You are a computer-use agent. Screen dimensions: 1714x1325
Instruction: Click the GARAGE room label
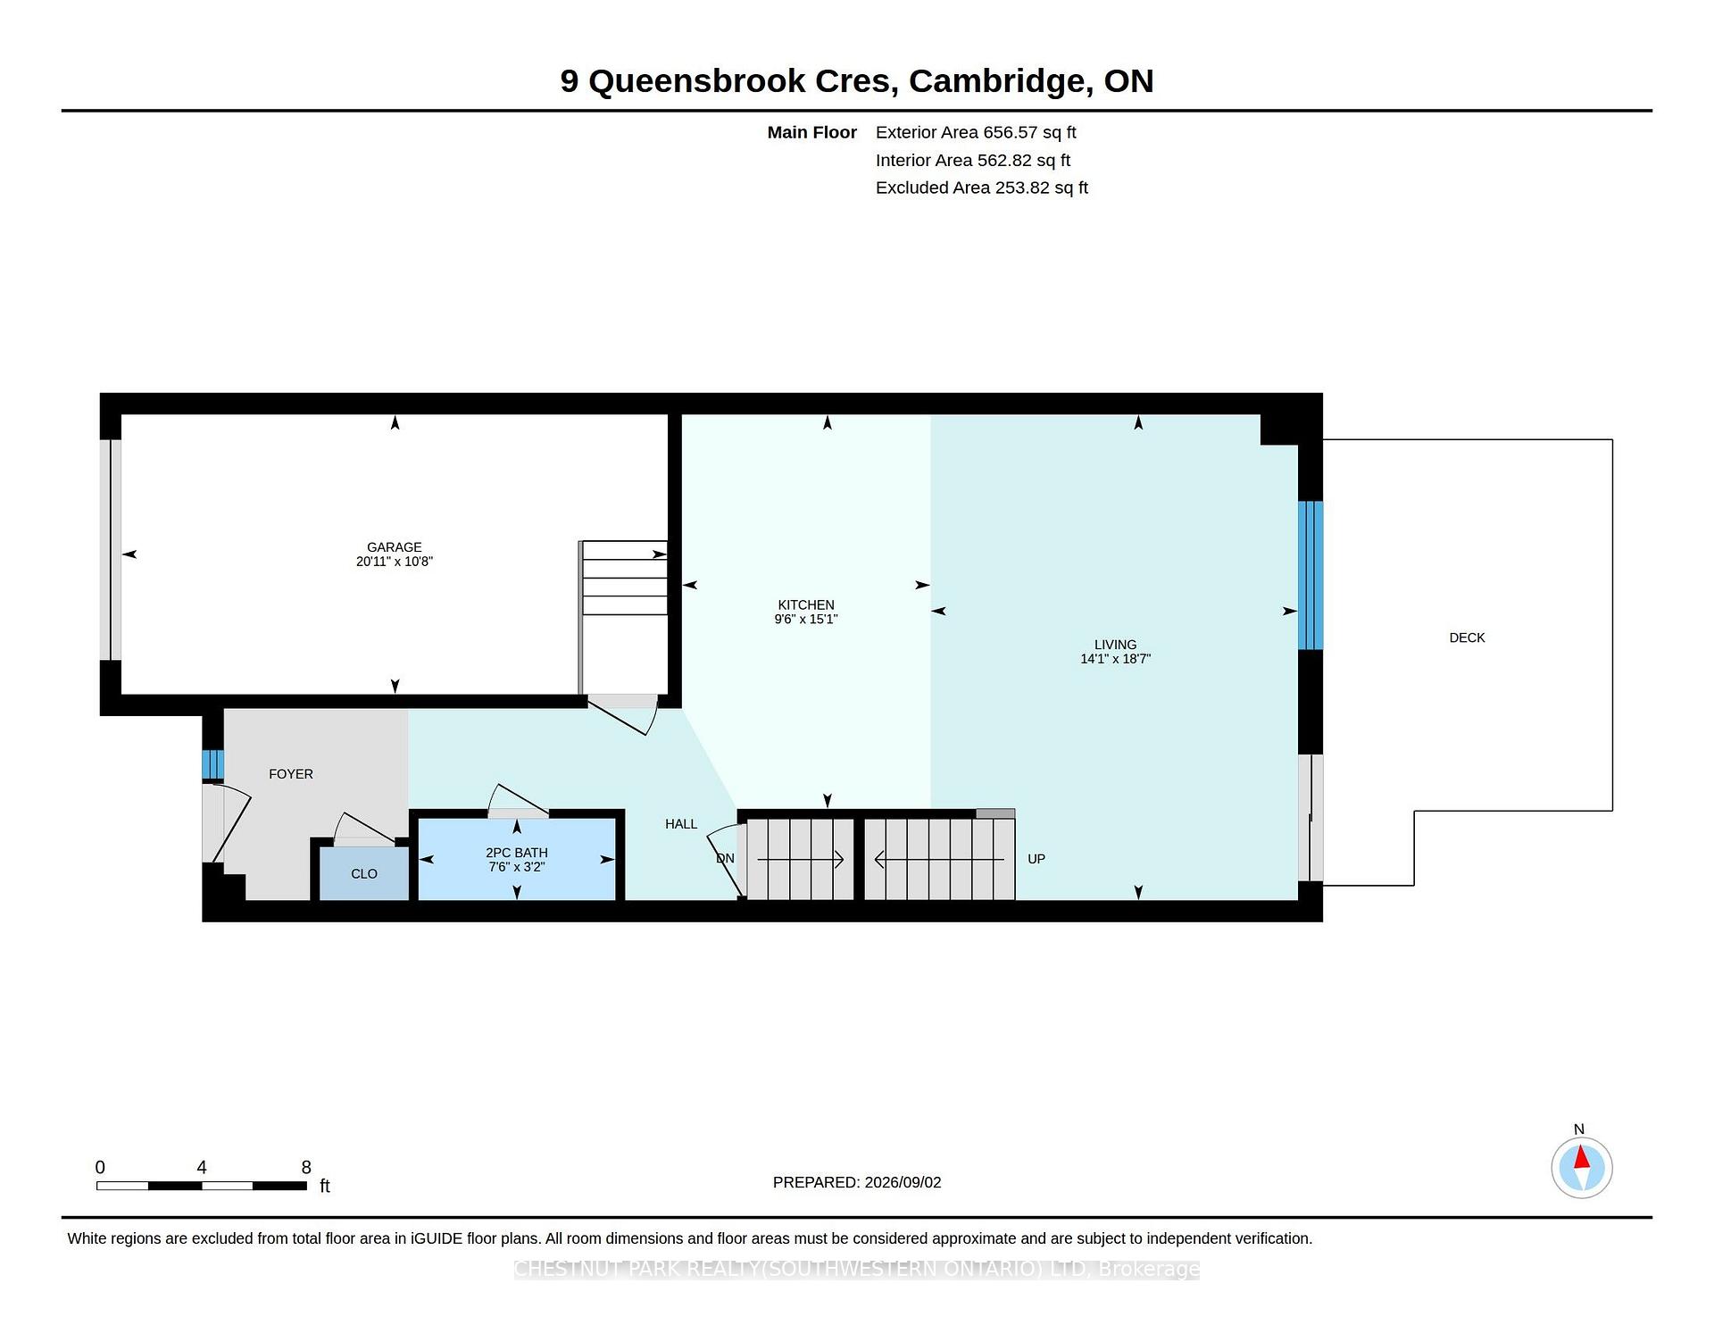pos(394,547)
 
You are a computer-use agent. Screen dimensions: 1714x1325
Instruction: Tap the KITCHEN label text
pos(806,604)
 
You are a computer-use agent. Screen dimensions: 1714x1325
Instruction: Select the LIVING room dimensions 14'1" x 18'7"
pos(1115,659)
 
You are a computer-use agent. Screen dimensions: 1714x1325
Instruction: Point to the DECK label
pos(1467,637)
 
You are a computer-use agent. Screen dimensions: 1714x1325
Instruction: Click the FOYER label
pos(291,774)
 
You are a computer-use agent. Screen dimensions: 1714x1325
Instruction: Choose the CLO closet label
pos(364,874)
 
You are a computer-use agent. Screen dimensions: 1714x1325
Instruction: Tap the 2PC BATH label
pos(517,853)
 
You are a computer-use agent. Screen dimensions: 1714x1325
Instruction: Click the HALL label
pos(681,824)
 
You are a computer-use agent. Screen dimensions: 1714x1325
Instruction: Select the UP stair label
pos(1036,859)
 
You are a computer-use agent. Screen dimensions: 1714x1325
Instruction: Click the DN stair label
pos(725,859)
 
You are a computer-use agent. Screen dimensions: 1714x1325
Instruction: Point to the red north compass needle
pos(1581,1158)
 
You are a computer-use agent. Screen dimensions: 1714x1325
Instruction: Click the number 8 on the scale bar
pos(306,1167)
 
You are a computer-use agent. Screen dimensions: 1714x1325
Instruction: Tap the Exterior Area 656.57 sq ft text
pos(976,132)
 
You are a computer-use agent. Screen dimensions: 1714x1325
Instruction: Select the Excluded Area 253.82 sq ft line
pos(982,187)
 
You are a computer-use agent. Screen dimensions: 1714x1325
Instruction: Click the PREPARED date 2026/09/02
pos(903,1182)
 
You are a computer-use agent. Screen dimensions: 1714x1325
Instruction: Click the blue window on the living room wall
pos(1310,575)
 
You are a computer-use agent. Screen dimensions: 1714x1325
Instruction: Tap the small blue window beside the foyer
pos(212,765)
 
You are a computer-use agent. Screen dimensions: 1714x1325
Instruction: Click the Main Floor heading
pos(812,132)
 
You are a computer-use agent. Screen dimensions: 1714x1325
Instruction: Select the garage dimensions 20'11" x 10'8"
pos(394,562)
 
